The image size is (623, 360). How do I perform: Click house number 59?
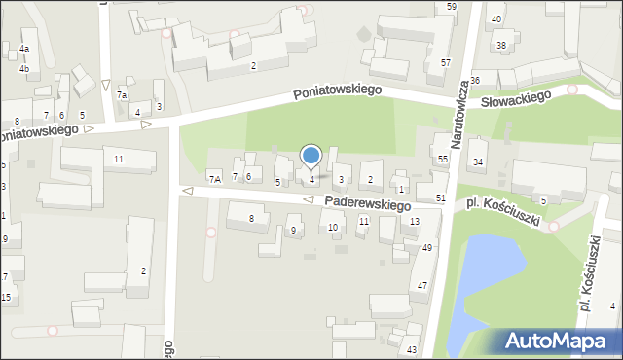pyautogui.click(x=452, y=7)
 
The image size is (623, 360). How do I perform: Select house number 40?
pyautogui.click(x=496, y=19)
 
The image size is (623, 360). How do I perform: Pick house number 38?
pyautogui.click(x=501, y=46)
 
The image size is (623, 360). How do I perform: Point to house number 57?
pyautogui.click(x=445, y=63)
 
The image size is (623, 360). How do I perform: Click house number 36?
pyautogui.click(x=475, y=81)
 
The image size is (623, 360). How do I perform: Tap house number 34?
pyautogui.click(x=478, y=162)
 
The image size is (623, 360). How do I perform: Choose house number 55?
pyautogui.click(x=442, y=159)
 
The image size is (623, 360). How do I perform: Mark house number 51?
pyautogui.click(x=441, y=198)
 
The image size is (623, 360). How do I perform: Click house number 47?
pyautogui.click(x=422, y=285)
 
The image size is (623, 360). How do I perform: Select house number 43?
pyautogui.click(x=412, y=349)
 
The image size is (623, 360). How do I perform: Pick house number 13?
pyautogui.click(x=415, y=222)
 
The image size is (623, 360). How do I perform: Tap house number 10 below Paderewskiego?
pyautogui.click(x=333, y=228)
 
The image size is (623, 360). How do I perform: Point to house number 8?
pyautogui.click(x=251, y=219)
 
